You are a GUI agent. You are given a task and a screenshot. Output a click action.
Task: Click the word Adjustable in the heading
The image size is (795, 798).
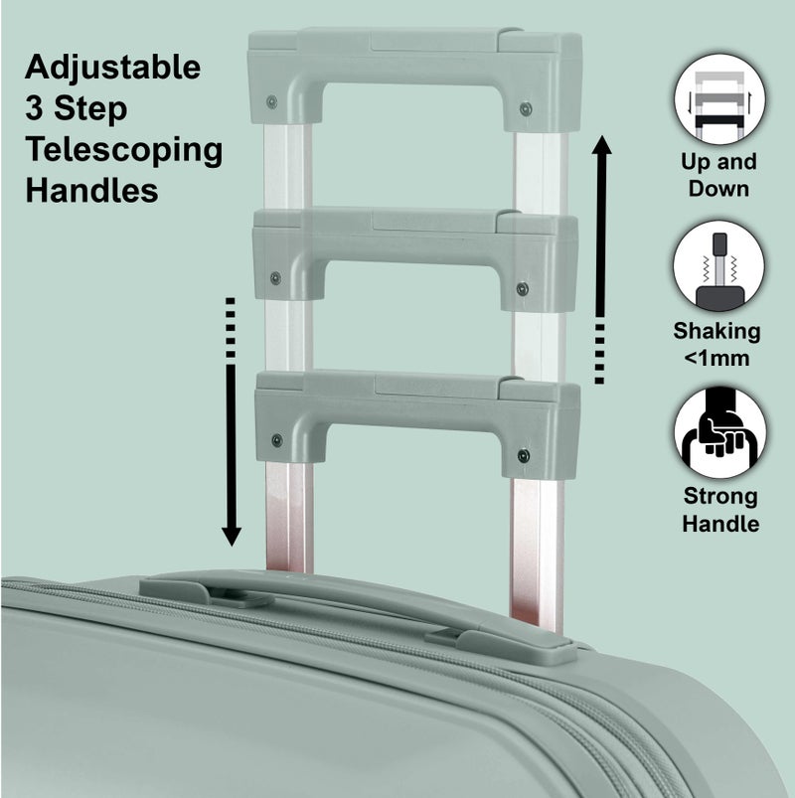click(112, 69)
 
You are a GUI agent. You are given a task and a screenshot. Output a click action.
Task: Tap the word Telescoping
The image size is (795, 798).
click(123, 150)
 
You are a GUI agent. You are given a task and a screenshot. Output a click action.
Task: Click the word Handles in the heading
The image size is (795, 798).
click(91, 190)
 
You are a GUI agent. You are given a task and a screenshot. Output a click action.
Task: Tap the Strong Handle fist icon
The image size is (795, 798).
click(719, 433)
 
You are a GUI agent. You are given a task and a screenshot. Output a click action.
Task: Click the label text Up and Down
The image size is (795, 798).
click(719, 175)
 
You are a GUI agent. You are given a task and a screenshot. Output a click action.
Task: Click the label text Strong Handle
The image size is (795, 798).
click(719, 510)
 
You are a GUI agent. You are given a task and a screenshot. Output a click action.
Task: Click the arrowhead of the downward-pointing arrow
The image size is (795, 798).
click(232, 534)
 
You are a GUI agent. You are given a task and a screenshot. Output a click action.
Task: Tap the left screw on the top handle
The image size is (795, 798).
click(272, 101)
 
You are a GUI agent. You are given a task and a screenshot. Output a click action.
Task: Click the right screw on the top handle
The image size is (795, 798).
click(526, 108)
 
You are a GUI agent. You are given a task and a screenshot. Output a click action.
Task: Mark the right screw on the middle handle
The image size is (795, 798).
click(523, 288)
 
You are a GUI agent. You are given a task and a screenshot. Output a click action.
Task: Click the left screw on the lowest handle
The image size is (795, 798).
click(276, 440)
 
